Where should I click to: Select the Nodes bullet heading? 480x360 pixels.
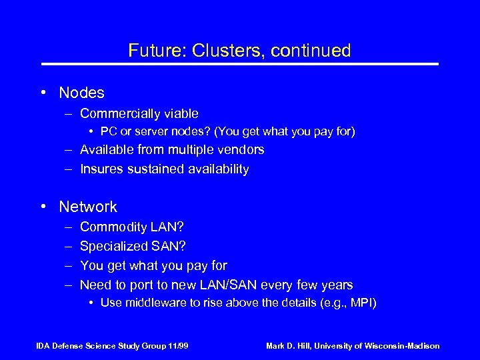[x=81, y=93]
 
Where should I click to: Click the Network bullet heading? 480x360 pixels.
[x=88, y=207]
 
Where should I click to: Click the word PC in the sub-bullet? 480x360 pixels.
[x=108, y=132]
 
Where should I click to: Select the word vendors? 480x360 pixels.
[x=241, y=149]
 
